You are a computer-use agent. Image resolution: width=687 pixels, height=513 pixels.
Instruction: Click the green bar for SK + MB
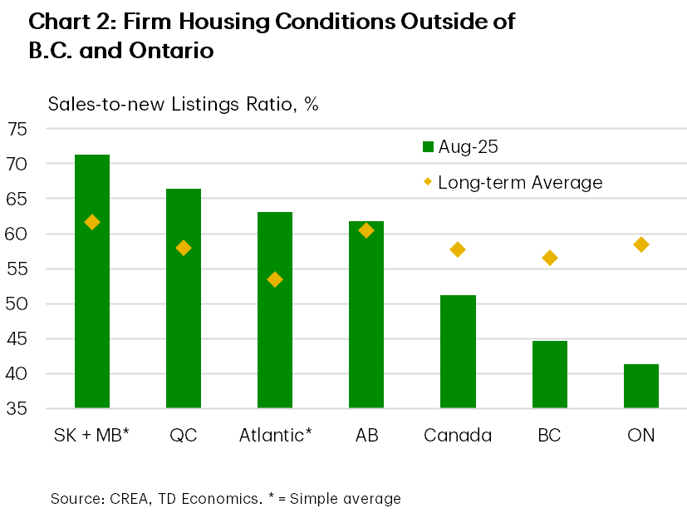[x=92, y=283]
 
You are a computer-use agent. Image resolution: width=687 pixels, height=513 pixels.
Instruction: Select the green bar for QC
[x=184, y=299]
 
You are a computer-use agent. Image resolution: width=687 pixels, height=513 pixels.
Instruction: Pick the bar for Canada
[x=458, y=352]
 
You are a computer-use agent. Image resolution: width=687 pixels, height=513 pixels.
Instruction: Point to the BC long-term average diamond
[x=549, y=258]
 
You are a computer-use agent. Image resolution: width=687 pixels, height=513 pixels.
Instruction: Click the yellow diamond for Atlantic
[x=275, y=279]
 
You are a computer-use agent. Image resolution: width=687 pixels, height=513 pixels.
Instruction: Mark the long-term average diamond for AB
[x=366, y=230]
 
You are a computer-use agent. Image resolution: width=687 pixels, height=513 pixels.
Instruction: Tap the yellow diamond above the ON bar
[x=640, y=244]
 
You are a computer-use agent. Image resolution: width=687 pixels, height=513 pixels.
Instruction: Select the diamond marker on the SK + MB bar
[x=92, y=222]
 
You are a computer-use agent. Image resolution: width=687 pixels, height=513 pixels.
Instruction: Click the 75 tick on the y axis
[x=17, y=129]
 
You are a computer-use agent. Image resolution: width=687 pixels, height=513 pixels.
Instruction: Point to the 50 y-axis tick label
[x=17, y=303]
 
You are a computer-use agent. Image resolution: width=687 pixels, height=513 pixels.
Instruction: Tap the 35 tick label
[x=17, y=408]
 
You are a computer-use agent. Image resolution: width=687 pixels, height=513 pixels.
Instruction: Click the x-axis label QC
[x=183, y=435]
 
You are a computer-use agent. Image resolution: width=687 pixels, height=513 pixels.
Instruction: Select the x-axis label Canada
[x=457, y=435]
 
